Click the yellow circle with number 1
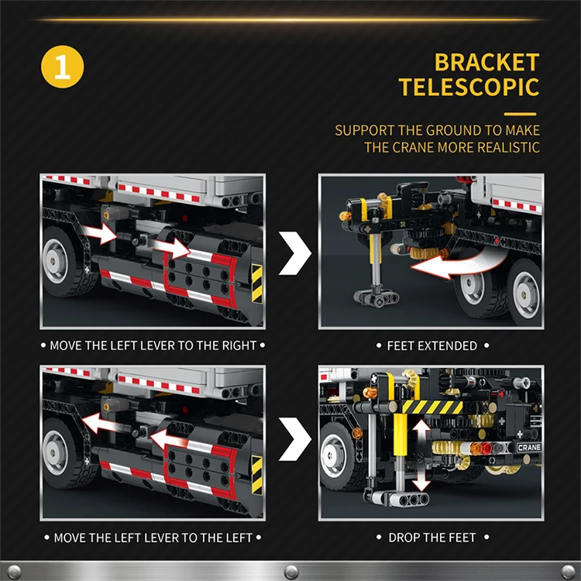(x=61, y=67)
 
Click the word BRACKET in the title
(x=486, y=62)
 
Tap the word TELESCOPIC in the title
(x=469, y=87)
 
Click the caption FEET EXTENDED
(x=431, y=346)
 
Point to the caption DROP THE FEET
(x=431, y=537)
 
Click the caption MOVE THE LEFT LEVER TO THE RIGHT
(x=153, y=346)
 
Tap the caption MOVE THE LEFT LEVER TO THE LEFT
(x=153, y=537)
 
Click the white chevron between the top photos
(x=294, y=250)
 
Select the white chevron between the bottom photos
(x=294, y=442)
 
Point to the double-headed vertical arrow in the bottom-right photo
(x=421, y=456)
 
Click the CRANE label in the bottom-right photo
(x=529, y=448)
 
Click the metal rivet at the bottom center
(x=290, y=572)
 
